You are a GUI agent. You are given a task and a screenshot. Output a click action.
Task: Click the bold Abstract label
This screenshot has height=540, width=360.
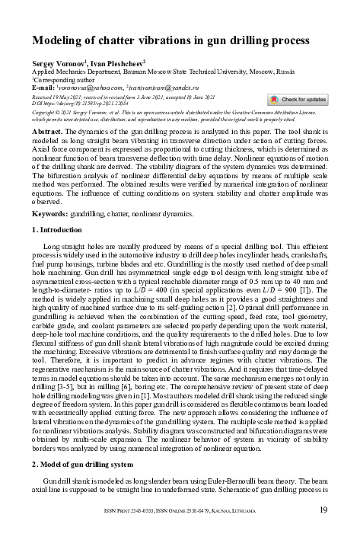(x=47, y=132)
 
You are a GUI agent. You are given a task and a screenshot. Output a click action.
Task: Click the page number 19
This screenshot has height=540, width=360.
(x=323, y=510)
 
